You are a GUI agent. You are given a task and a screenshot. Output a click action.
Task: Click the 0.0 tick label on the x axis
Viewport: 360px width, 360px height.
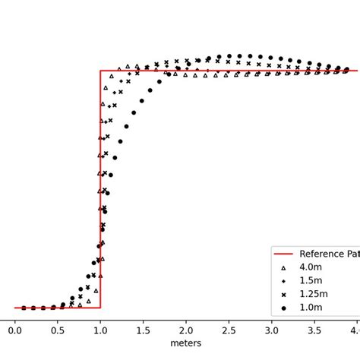tap(15, 330)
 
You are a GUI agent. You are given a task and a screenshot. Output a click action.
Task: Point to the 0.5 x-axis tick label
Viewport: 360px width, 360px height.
tap(58, 330)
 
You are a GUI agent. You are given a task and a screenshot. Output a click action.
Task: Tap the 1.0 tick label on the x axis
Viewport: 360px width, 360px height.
tap(100, 330)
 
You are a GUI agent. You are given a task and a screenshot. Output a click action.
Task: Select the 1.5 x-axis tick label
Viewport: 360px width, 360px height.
tap(143, 330)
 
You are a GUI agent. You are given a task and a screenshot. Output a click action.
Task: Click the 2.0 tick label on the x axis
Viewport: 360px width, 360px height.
tap(186, 330)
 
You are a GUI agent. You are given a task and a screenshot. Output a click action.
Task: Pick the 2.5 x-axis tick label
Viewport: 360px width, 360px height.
tap(229, 330)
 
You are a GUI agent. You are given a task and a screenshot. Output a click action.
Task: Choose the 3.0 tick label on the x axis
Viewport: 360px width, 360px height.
tap(271, 330)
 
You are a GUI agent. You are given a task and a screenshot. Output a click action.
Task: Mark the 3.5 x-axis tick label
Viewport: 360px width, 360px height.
tap(314, 330)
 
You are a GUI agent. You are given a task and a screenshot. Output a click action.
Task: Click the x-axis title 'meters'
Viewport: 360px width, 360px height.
tap(186, 343)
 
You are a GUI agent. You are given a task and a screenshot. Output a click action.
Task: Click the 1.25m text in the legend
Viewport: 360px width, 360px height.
tap(314, 294)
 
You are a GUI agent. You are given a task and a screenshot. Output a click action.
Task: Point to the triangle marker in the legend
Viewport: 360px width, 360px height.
tap(283, 268)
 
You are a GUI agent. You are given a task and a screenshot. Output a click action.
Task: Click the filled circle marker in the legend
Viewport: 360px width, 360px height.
tap(283, 308)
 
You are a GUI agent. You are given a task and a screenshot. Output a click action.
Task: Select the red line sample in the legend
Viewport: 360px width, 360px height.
tap(283, 254)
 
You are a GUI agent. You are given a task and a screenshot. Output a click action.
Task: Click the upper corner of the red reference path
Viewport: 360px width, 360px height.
tap(100, 71)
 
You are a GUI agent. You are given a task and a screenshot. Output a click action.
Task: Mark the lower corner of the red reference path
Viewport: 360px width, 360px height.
tap(100, 308)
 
